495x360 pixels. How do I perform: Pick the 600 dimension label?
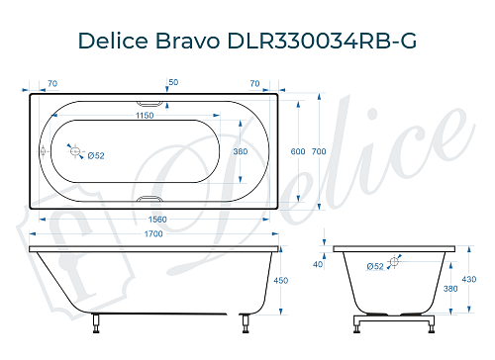pyautogui.click(x=297, y=150)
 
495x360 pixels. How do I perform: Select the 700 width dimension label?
pyautogui.click(x=319, y=150)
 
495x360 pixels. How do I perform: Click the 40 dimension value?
pyautogui.click(x=318, y=264)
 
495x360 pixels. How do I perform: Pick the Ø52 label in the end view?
pyautogui.click(x=375, y=266)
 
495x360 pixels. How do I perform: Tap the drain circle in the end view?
pyautogui.click(x=394, y=261)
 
